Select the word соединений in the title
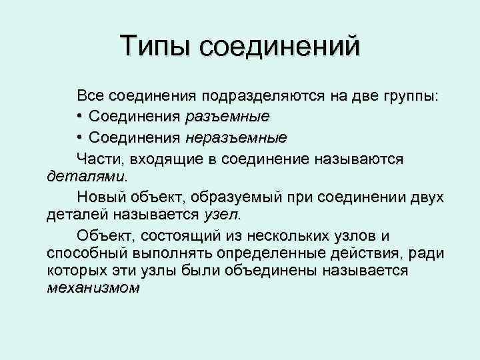coord(279,47)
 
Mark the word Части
coord(95,159)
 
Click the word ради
coord(426,254)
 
